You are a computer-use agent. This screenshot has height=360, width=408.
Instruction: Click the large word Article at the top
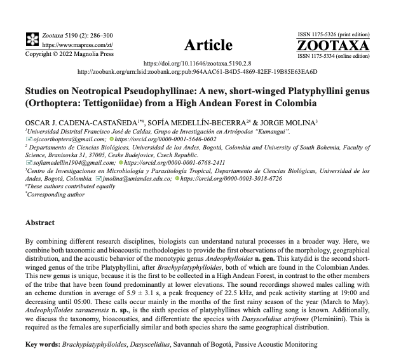point(208,45)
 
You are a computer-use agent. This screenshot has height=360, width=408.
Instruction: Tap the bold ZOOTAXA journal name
point(332,45)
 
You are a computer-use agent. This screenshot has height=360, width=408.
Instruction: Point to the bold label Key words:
point(43,344)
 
